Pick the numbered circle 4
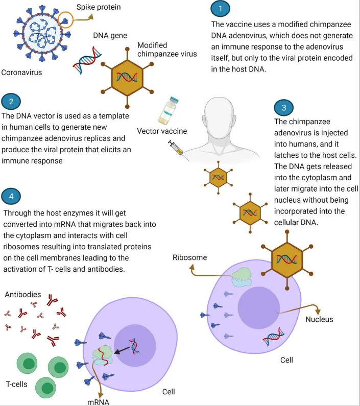pos(12,196)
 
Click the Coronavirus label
pos(21,73)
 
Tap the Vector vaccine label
pos(162,131)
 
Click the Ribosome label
pos(189,257)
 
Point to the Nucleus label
pos(319,319)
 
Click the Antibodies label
pos(23,295)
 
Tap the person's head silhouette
pos(223,118)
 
